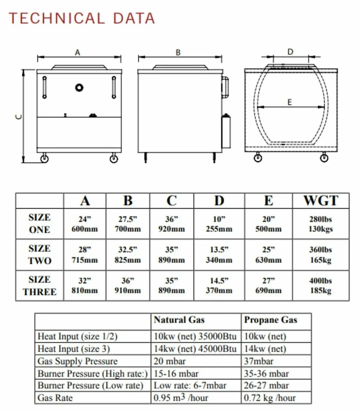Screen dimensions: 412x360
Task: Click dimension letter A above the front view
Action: click(x=78, y=53)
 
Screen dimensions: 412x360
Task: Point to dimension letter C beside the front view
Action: click(x=19, y=117)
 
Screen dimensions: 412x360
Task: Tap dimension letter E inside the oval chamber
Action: click(x=290, y=102)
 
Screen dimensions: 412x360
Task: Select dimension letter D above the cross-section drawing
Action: click(x=290, y=52)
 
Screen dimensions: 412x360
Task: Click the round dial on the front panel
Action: click(x=79, y=88)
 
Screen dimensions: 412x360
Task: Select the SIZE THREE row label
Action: click(x=39, y=286)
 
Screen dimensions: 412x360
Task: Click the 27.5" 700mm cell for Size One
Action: click(x=128, y=224)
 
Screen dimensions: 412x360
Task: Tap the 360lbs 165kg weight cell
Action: click(x=321, y=255)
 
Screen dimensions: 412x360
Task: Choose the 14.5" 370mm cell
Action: click(x=219, y=286)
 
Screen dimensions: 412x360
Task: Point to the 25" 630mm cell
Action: click(x=268, y=255)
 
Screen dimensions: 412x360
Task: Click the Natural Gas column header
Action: click(x=179, y=320)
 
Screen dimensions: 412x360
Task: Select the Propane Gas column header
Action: click(x=270, y=320)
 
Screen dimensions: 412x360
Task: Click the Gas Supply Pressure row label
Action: click(x=78, y=361)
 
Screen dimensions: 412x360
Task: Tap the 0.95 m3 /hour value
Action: click(x=181, y=398)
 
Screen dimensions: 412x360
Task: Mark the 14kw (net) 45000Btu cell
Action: click(x=195, y=349)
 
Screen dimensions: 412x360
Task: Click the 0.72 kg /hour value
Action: click(x=270, y=398)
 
